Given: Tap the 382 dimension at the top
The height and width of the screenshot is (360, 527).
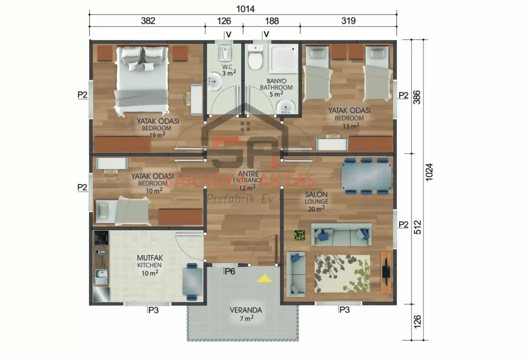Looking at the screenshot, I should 147,21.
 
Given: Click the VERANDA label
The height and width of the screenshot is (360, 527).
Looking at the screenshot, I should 246,314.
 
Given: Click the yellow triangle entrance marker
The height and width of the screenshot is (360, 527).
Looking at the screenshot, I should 264,279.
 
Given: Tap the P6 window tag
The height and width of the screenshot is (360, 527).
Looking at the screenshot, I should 230,271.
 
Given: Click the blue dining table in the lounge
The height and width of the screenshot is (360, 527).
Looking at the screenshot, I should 365,177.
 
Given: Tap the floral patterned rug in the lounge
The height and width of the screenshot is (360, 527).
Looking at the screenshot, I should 342,273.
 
